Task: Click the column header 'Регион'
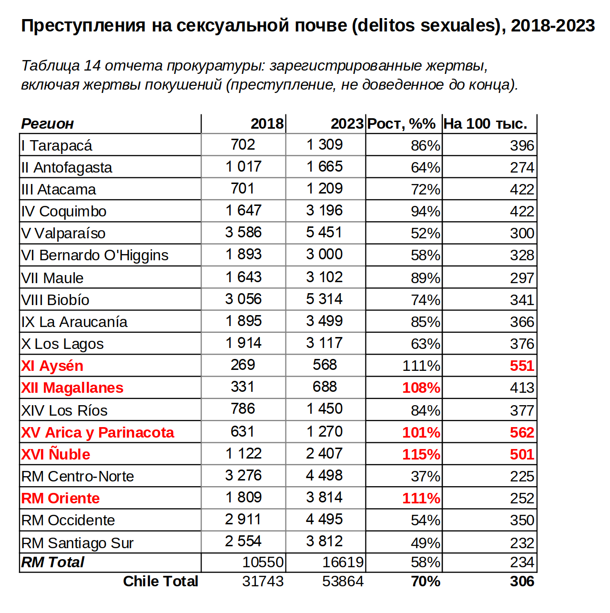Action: point(47,124)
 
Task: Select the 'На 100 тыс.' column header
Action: point(485,124)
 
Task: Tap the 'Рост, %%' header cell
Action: point(401,124)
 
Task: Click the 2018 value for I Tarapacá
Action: point(243,144)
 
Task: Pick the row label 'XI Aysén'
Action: point(52,366)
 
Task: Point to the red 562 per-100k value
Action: point(522,432)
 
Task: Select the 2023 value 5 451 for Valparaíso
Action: point(324,232)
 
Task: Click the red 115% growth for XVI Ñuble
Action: point(421,454)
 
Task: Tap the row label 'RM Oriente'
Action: point(61,498)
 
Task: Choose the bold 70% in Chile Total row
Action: point(426,582)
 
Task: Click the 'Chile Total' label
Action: point(160,582)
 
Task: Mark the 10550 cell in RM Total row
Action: point(263,562)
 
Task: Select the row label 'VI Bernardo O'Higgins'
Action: point(94,255)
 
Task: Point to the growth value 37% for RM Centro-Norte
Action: point(426,476)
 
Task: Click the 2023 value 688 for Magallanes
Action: point(325,387)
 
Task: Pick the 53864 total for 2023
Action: point(343,582)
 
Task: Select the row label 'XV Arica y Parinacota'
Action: point(97,432)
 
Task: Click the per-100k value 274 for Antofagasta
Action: point(522,167)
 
